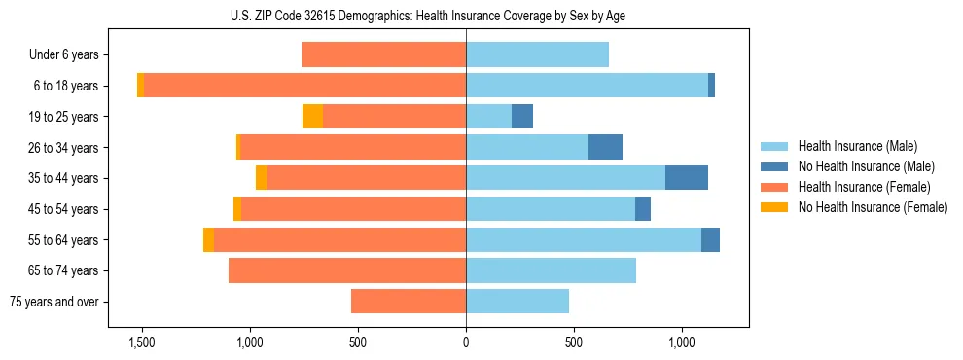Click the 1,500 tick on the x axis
(x=142, y=342)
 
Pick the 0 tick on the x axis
(x=466, y=342)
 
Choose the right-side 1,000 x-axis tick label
(x=681, y=342)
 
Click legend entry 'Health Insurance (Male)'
(x=857, y=146)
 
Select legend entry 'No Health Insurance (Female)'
(x=873, y=207)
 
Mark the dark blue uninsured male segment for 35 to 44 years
(x=687, y=178)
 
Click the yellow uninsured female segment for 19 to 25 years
(x=312, y=117)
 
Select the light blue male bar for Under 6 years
(x=537, y=54)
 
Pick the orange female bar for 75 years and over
(x=409, y=302)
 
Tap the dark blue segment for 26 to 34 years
(x=605, y=147)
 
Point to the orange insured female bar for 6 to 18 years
(x=304, y=86)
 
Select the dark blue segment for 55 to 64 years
(x=710, y=239)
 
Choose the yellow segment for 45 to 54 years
(x=237, y=209)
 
